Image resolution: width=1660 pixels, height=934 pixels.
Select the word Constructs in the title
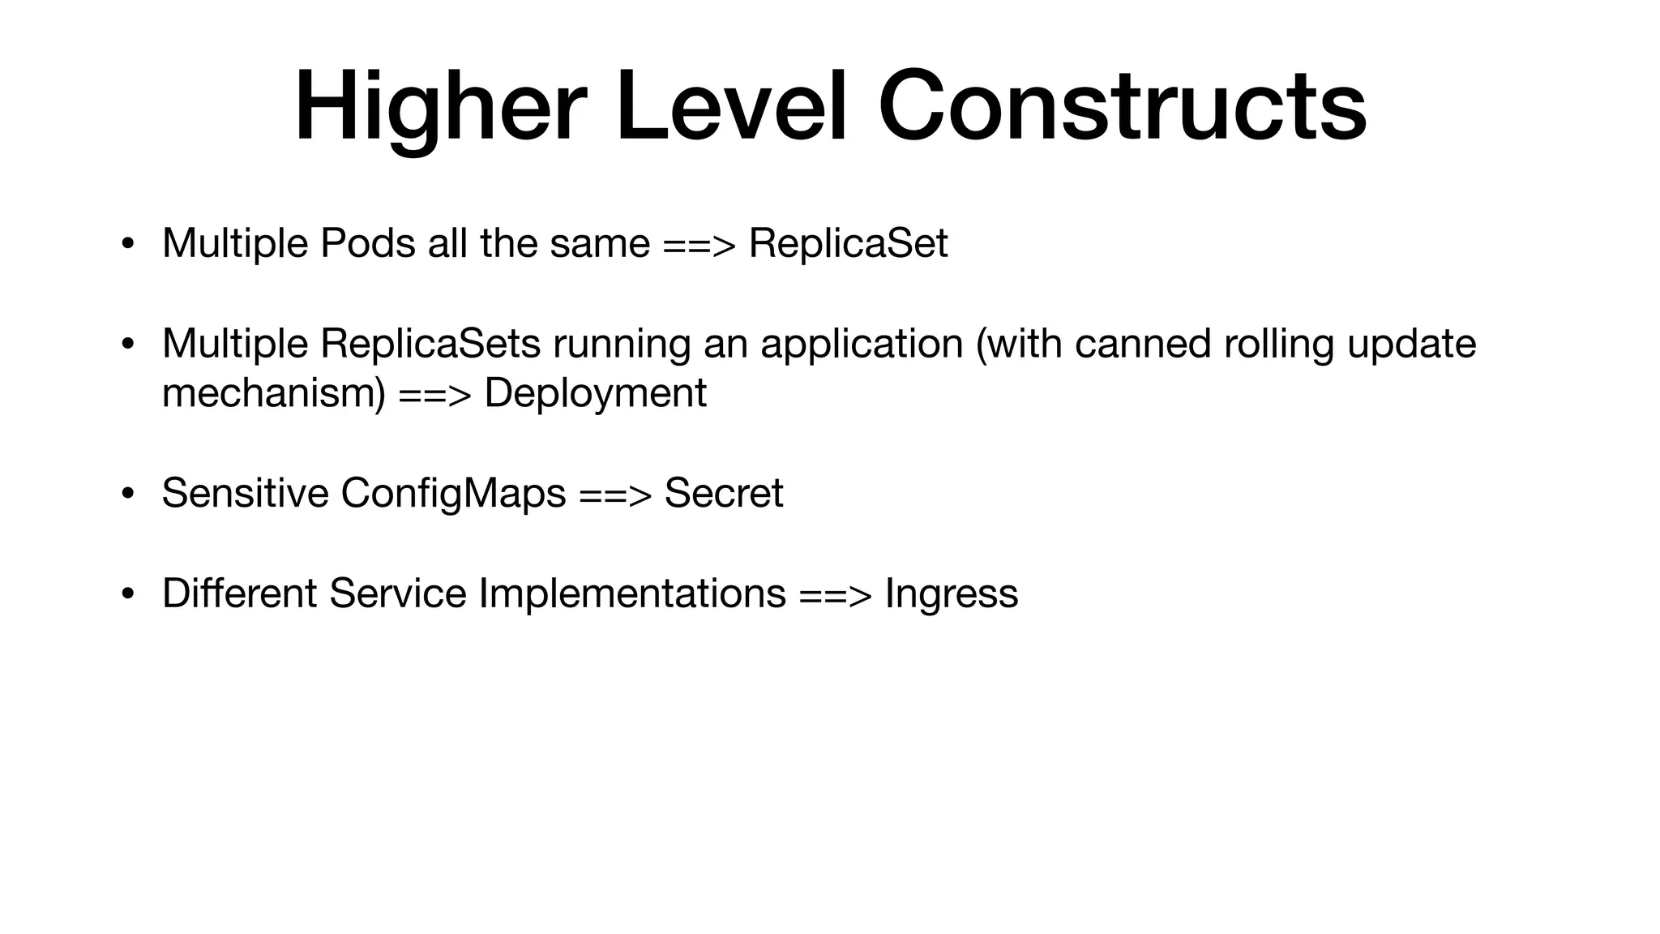point(1123,108)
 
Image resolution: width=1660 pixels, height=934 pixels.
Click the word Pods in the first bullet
point(367,243)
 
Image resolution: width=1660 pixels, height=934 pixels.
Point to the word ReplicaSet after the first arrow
point(848,243)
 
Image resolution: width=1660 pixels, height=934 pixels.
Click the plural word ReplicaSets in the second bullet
point(430,343)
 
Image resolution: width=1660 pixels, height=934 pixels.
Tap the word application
point(862,345)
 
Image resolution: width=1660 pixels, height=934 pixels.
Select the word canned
point(1143,343)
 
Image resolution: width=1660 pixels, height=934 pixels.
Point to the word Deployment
point(595,394)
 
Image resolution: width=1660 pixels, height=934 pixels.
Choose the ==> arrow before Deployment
point(434,394)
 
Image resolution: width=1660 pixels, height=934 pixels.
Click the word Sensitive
point(245,493)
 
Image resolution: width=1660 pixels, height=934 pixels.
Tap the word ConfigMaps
point(453,494)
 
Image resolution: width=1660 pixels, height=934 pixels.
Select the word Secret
point(724,493)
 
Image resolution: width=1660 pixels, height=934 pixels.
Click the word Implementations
point(632,593)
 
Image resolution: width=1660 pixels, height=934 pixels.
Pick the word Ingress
point(952,594)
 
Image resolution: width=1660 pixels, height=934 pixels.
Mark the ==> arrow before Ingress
point(835,594)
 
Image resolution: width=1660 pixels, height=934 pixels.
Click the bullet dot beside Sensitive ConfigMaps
point(127,494)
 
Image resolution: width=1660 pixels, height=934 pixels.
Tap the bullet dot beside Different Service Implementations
point(127,594)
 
